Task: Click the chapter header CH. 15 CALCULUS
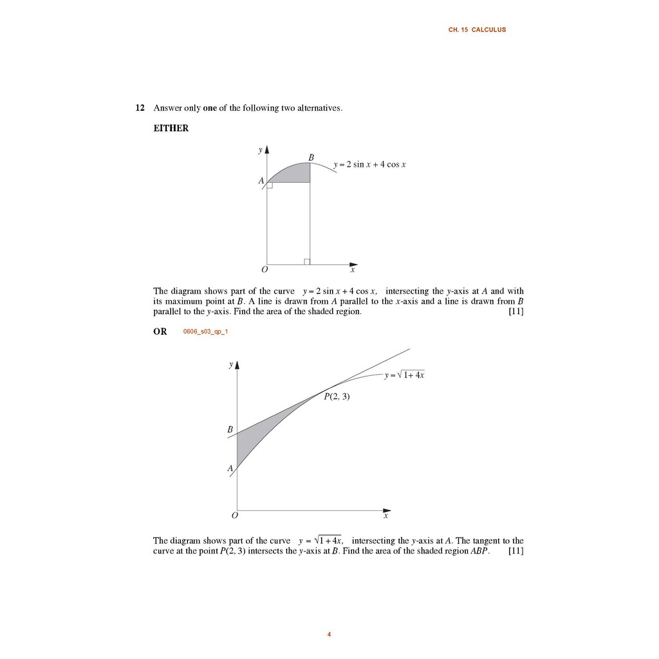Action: tap(477, 30)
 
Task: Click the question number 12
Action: tap(140, 108)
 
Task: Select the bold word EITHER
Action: tap(171, 128)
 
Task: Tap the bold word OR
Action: tap(160, 331)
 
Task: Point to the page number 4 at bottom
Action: tap(329, 635)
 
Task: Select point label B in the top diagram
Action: tap(311, 157)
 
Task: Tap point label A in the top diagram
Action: tap(261, 181)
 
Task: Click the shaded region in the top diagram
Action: tap(293, 173)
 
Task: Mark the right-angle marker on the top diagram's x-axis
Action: tap(307, 261)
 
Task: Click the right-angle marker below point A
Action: tap(270, 185)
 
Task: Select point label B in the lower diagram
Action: tap(230, 429)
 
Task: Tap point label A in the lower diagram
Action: tap(230, 469)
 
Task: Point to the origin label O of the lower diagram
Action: tap(234, 515)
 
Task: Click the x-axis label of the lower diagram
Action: tap(386, 515)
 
